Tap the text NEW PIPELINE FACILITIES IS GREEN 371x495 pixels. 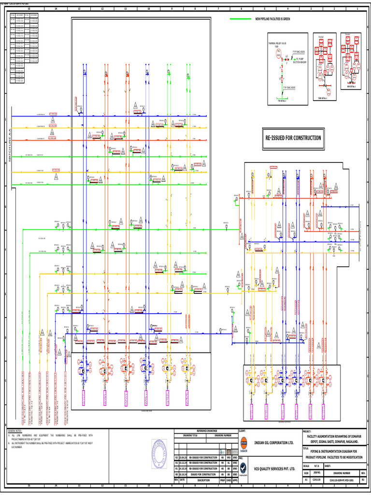point(272,19)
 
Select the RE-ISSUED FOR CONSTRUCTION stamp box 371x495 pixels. point(292,138)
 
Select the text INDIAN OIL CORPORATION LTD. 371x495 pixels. point(274,443)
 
